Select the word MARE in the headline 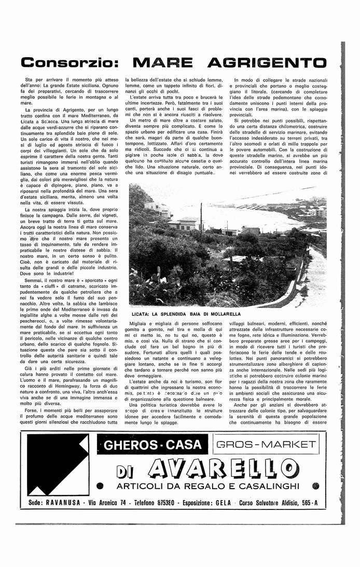coord(163,63)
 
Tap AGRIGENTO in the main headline coord(267,63)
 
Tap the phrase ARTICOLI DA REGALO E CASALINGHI coord(208,486)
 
